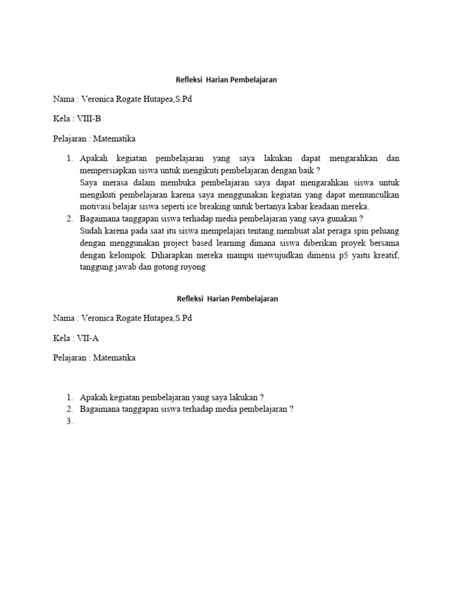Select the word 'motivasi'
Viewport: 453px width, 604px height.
tap(94, 206)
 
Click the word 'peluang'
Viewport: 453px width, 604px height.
tap(384, 231)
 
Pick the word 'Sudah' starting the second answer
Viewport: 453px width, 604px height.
tap(91, 231)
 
